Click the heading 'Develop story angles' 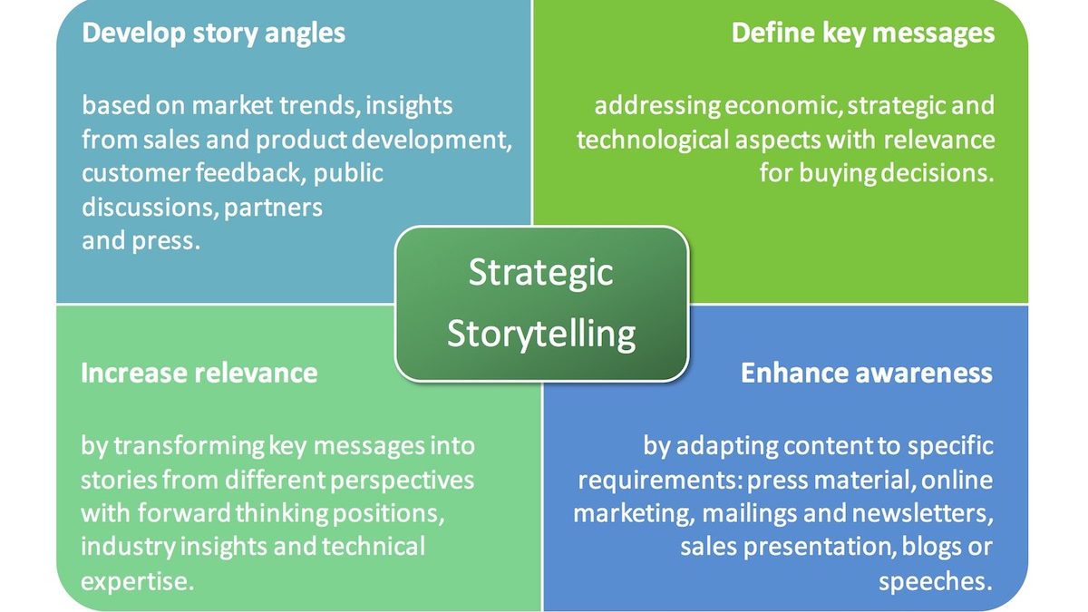click(213, 34)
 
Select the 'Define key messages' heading click(863, 34)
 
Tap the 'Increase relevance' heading click(199, 373)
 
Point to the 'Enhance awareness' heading click(867, 373)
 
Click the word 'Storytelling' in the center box click(541, 335)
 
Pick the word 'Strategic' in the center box click(540, 273)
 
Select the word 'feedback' click(250, 172)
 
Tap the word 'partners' click(273, 209)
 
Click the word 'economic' click(783, 106)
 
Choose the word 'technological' click(653, 141)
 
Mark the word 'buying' click(838, 174)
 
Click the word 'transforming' click(189, 446)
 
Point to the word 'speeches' click(936, 582)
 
